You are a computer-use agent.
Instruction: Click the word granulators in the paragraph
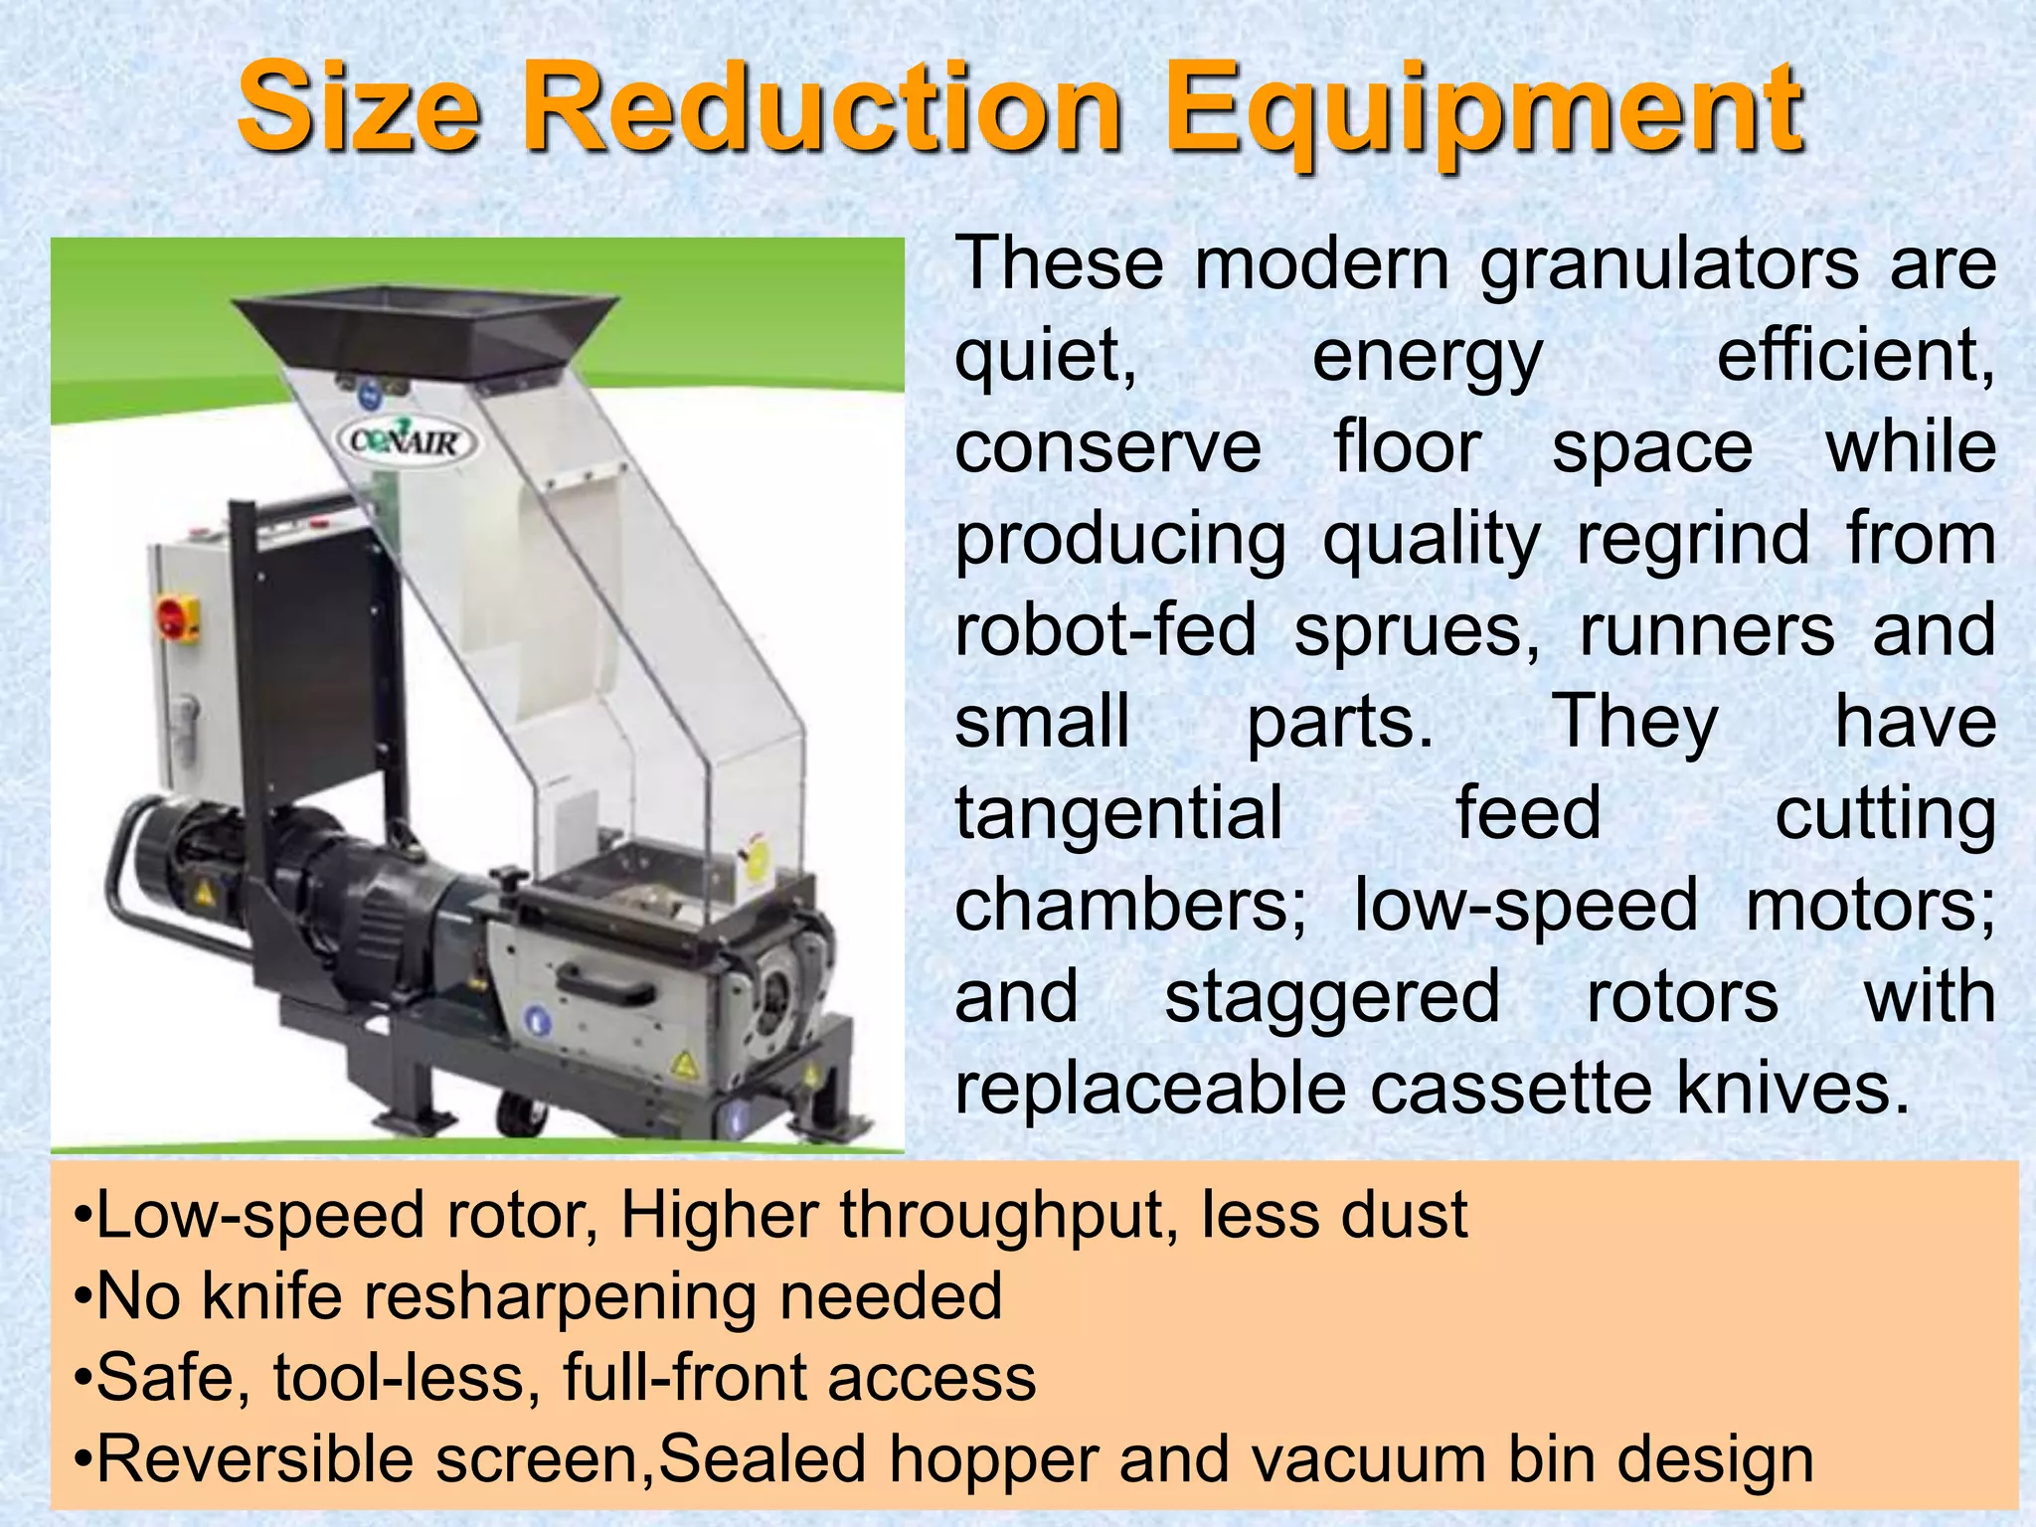(x=1670, y=266)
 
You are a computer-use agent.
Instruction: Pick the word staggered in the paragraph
(x=1332, y=998)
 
